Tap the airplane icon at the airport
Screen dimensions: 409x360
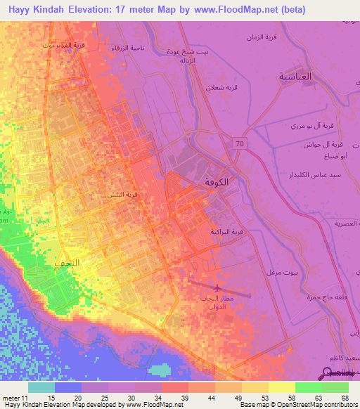[217, 287]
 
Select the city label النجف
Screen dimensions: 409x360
[67, 261]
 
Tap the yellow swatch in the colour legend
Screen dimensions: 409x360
[280, 387]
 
